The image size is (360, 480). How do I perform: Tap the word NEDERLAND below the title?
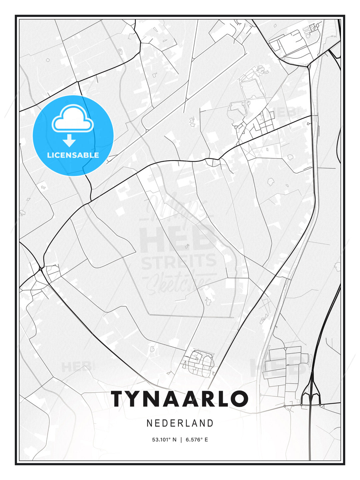(180, 423)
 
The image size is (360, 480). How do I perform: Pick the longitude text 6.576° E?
(197, 440)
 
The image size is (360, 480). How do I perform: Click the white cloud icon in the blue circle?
(73, 118)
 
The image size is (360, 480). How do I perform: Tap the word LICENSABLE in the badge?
(73, 155)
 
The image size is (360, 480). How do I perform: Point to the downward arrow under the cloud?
(69, 140)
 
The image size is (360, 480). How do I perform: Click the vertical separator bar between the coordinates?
(181, 440)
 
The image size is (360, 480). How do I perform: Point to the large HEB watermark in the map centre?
(177, 239)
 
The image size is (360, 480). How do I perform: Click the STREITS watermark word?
(179, 261)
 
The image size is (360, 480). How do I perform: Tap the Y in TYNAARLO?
(135, 399)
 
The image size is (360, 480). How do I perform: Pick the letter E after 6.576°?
(206, 440)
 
